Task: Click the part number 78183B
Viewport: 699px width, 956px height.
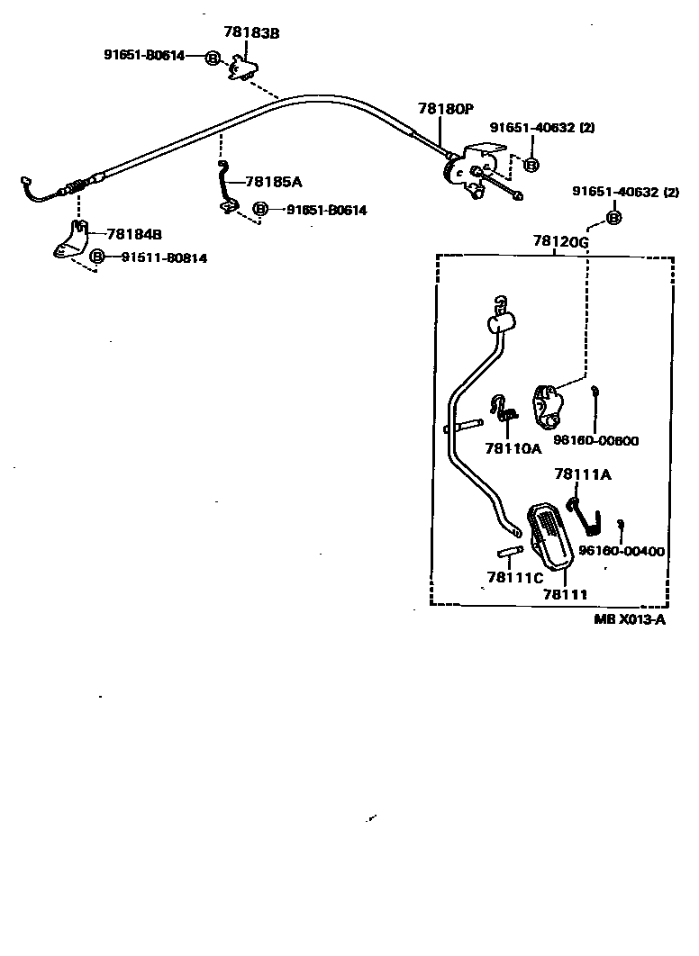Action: [x=250, y=33]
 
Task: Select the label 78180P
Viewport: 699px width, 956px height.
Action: [x=445, y=109]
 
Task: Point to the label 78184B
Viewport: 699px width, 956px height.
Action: [x=133, y=234]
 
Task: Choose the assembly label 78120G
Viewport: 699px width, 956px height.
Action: [x=559, y=242]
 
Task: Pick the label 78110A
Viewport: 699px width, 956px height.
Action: [x=513, y=447]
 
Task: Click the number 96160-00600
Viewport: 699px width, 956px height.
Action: [x=595, y=440]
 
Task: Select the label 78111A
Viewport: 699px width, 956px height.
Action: [x=582, y=474]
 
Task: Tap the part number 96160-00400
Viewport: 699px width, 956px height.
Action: [x=622, y=551]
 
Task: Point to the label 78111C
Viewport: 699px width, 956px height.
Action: [x=514, y=577]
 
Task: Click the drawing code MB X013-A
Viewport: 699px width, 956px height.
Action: [x=630, y=618]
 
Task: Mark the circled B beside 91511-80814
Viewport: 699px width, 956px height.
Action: [x=97, y=258]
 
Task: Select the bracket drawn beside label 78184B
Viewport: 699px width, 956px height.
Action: [x=70, y=239]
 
